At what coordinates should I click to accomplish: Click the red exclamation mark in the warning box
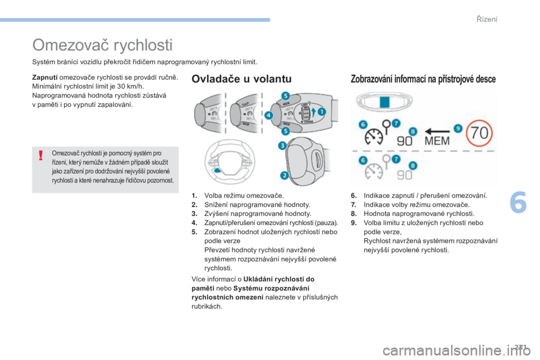40,155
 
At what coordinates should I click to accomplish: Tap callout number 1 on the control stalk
321,111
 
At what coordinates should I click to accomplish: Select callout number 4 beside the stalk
268,115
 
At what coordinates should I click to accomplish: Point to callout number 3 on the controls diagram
282,145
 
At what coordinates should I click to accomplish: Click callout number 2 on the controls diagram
284,175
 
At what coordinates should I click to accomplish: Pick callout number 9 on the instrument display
458,128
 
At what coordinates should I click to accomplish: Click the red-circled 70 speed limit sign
479,133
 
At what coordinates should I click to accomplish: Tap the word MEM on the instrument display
437,141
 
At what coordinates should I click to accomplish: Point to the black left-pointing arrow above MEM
437,131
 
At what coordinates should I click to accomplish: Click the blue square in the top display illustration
384,102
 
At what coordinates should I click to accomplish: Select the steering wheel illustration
229,162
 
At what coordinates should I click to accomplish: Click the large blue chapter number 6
518,202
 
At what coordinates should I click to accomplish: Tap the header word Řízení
487,19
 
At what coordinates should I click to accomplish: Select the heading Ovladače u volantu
241,79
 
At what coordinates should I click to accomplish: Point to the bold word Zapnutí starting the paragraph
45,77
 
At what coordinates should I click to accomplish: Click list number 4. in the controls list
195,223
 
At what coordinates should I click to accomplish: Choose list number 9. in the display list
354,223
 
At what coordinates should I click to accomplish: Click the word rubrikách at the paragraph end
206,306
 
